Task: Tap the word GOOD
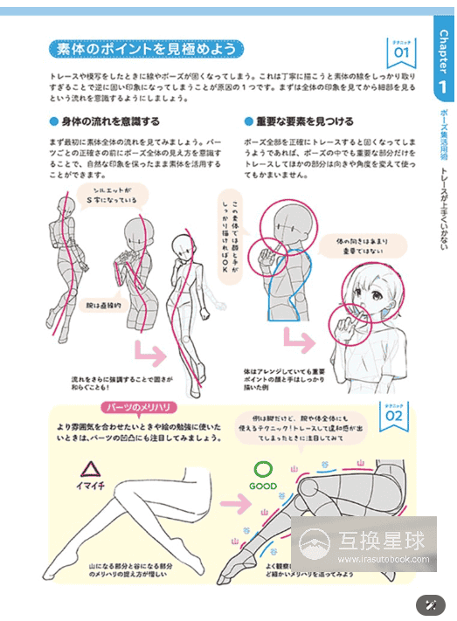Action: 262,486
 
